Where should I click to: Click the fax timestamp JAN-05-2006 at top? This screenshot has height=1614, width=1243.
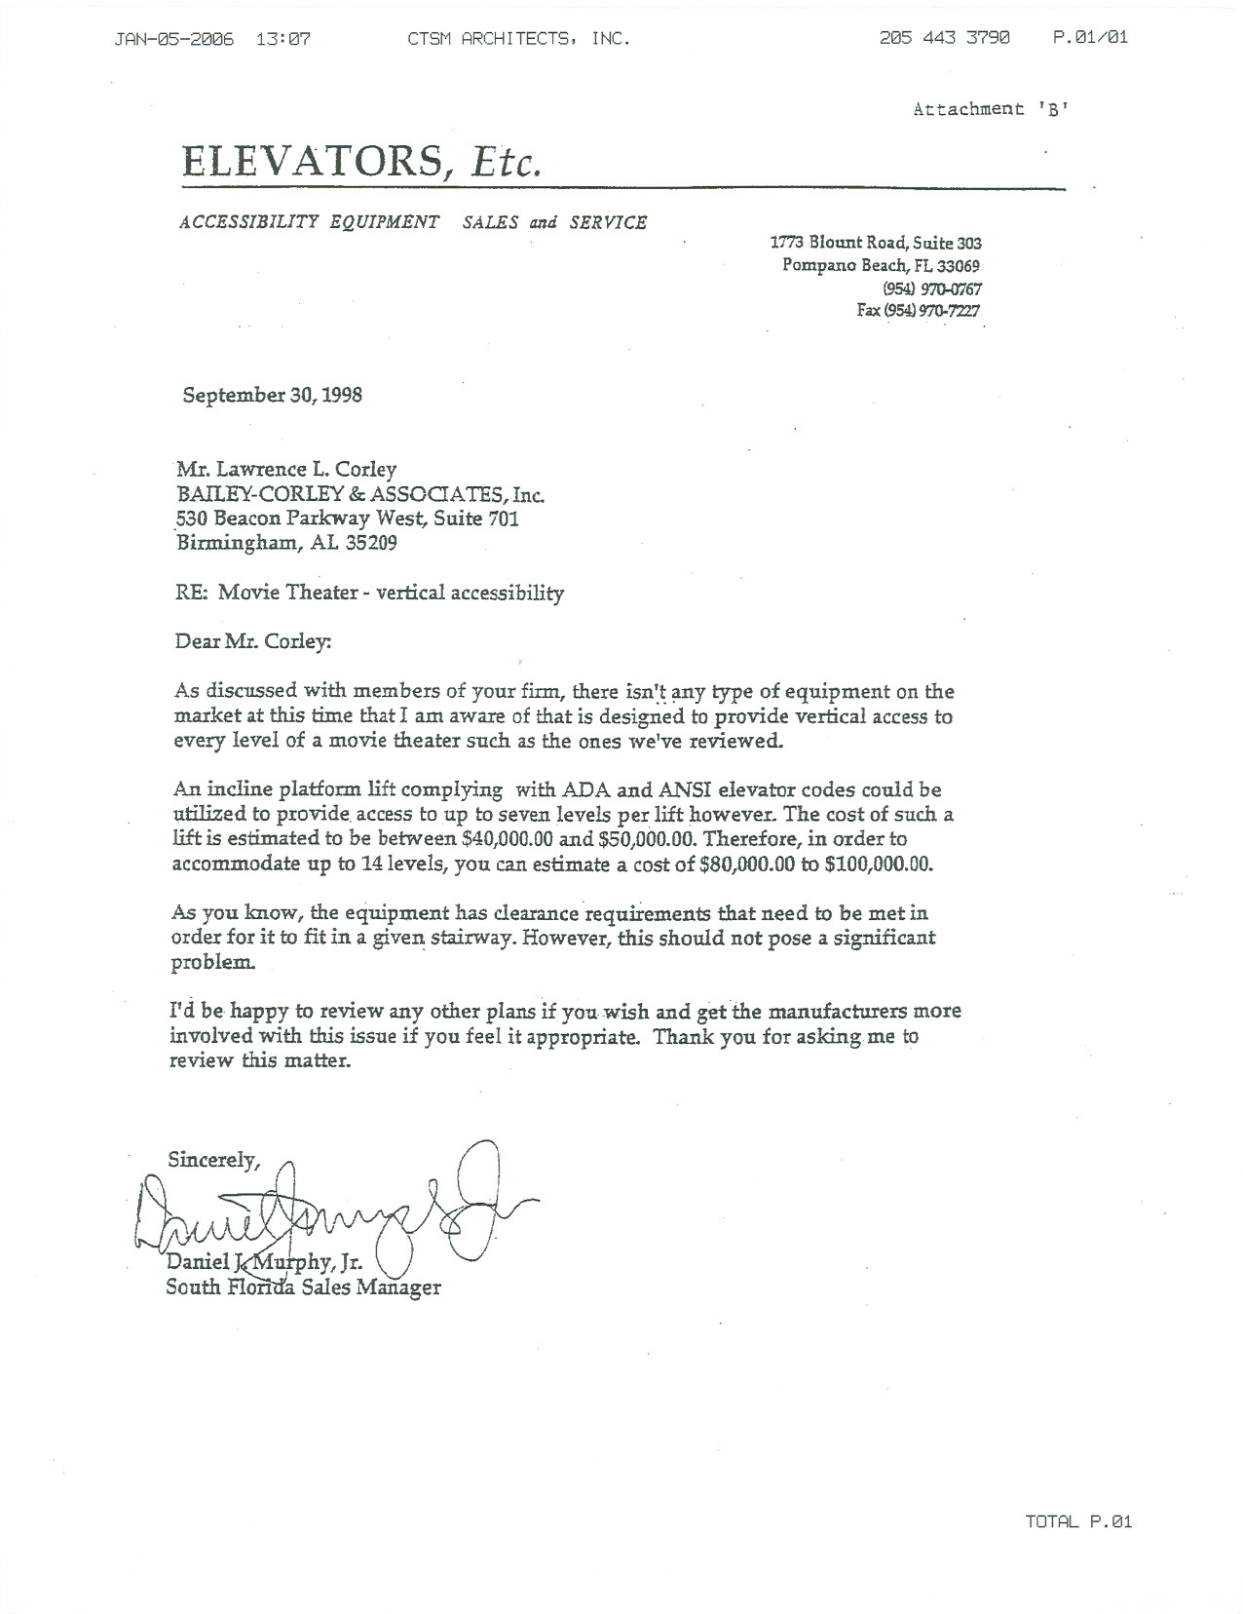(174, 39)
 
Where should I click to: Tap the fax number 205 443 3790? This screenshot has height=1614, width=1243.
(944, 38)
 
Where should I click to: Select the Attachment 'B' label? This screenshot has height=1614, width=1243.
(991, 109)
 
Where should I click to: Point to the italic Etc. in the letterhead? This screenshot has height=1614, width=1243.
(505, 162)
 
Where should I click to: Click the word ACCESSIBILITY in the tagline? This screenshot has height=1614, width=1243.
(249, 222)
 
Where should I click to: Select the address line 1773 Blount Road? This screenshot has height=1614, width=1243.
(875, 243)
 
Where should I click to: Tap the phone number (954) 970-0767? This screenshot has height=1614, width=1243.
(931, 288)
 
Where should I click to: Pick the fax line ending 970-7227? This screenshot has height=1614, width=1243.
(918, 311)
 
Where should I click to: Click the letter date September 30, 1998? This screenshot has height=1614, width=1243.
(273, 395)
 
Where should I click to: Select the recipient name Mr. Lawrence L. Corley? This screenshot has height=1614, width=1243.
(285, 469)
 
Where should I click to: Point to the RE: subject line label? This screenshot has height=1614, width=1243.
(191, 592)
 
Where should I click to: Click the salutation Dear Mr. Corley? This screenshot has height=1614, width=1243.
(252, 641)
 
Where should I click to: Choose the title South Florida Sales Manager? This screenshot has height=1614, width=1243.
(303, 1287)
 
